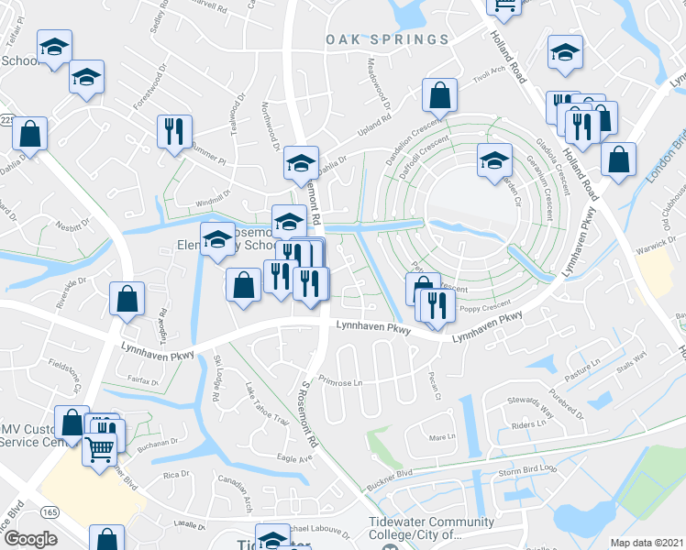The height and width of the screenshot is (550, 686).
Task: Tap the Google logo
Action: pyautogui.click(x=30, y=539)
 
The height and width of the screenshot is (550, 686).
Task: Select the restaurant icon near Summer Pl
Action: pyautogui.click(x=173, y=131)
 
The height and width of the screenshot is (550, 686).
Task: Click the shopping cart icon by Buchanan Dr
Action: pyautogui.click(x=100, y=448)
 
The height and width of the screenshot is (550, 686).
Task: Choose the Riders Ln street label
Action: pyautogui.click(x=529, y=425)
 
